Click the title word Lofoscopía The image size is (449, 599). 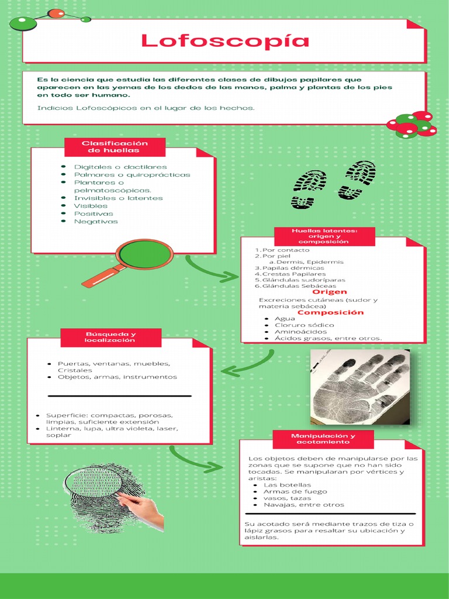point(224,41)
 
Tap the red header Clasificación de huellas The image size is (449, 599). point(115,147)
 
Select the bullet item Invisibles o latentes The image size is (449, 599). point(118,198)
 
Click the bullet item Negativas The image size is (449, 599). point(96,221)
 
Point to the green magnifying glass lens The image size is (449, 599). point(144,254)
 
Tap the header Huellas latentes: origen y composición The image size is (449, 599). point(324,236)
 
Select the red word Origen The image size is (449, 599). point(329,291)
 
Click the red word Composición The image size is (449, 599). point(330,312)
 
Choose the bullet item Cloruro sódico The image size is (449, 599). point(304,325)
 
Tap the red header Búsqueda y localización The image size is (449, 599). point(110,337)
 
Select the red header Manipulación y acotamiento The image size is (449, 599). point(323,439)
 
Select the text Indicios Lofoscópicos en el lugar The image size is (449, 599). point(146,108)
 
